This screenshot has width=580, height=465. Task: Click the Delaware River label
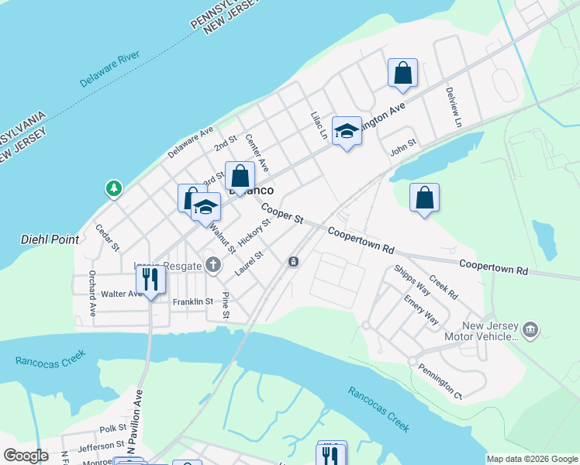tap(109, 70)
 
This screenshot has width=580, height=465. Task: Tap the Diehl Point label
tap(50, 239)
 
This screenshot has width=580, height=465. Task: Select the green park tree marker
tap(114, 188)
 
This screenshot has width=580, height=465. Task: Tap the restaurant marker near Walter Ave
tap(150, 279)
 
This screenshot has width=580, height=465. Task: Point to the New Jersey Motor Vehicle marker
tap(530, 330)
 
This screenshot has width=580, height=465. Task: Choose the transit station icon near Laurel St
tap(293, 262)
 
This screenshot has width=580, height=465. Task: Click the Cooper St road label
tap(281, 214)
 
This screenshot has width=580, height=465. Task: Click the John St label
tap(403, 146)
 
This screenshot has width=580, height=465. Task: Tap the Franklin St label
tap(192, 301)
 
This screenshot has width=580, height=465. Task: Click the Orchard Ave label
tap(91, 293)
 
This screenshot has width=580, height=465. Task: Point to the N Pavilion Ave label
tap(137, 422)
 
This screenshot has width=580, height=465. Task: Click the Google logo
tap(26, 456)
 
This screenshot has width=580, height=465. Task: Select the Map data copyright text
tap(532, 459)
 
